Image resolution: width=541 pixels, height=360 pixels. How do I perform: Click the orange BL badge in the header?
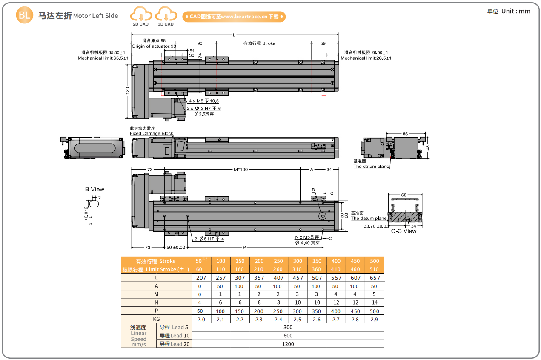tap(24, 16)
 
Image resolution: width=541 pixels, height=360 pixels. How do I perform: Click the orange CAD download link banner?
tap(234, 17)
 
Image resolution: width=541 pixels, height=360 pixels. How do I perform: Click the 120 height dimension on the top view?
tap(127, 90)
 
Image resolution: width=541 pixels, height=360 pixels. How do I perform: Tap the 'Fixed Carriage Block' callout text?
tap(151, 133)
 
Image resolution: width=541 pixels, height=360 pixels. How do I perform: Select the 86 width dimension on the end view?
tap(405, 134)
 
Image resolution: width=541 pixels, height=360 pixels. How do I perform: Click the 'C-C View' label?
tap(404, 231)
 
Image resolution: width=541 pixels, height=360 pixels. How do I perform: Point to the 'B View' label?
tap(94, 189)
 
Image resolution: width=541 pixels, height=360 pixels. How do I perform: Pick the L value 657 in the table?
tap(375, 278)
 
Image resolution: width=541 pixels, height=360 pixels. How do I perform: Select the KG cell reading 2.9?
tap(375, 319)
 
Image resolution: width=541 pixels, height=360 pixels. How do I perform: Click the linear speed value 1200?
tap(288, 344)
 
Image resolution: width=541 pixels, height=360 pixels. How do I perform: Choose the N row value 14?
tap(375, 302)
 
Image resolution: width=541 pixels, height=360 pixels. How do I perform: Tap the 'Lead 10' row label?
tap(175, 336)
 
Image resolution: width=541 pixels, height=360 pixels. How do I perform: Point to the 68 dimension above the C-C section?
tap(404, 195)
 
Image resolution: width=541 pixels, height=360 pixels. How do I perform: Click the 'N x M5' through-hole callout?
tap(307, 237)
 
